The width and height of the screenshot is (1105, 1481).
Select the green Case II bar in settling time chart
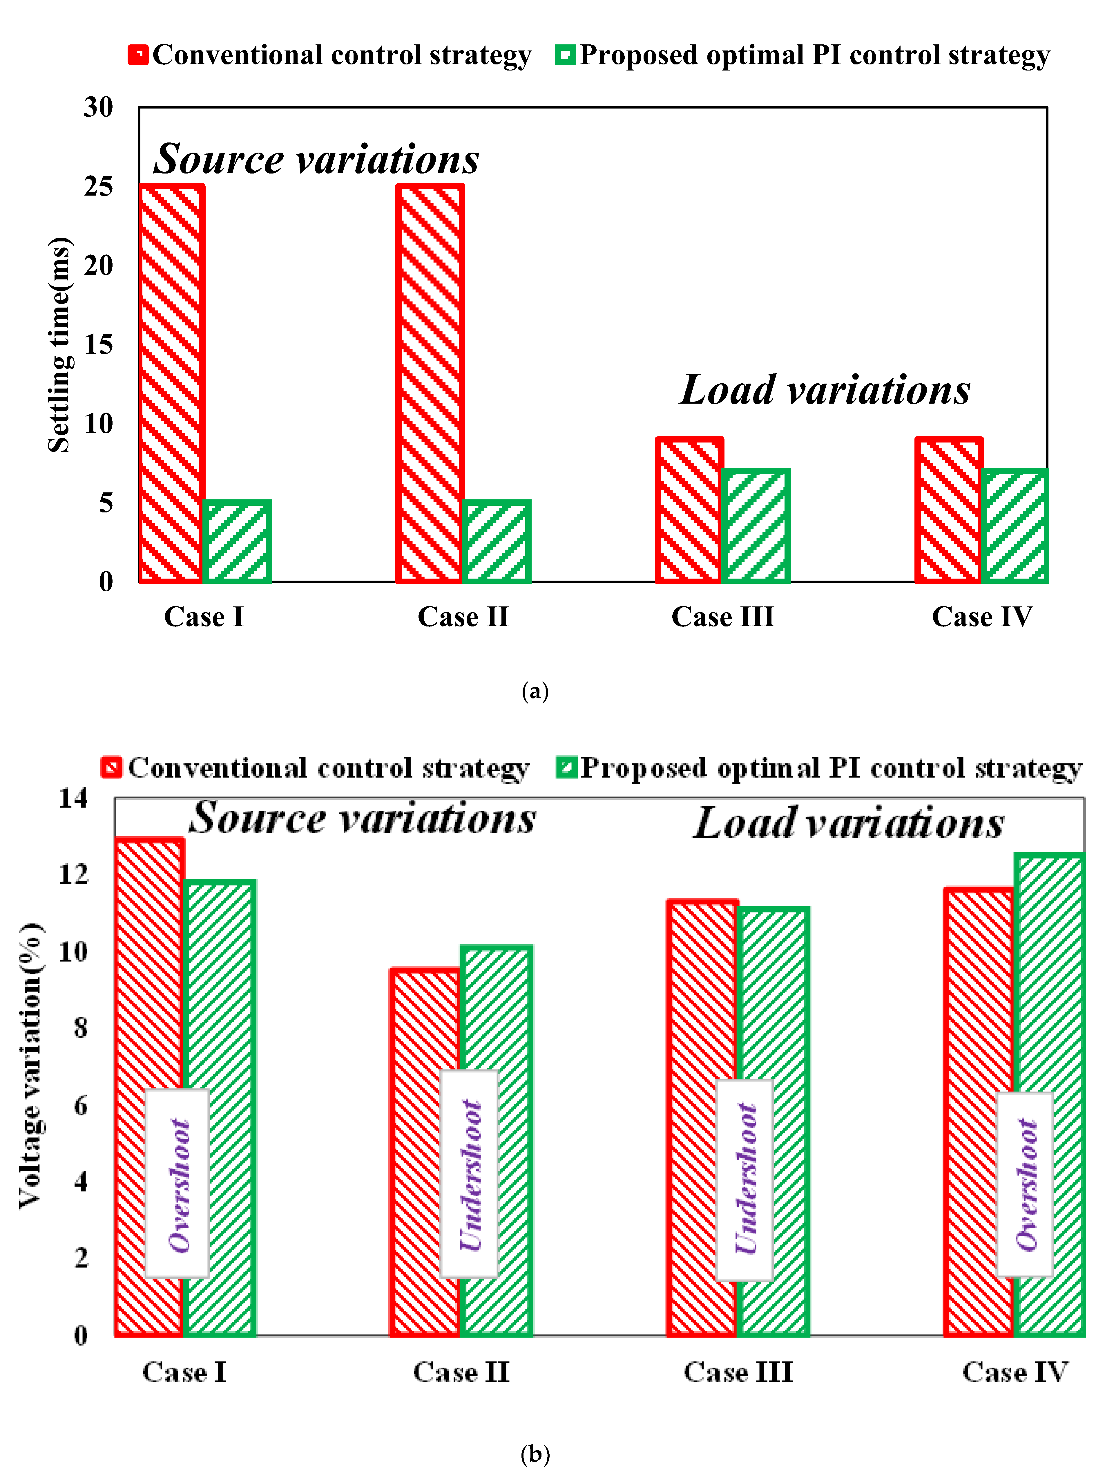[x=496, y=541]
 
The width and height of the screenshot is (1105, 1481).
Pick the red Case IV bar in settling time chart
[x=948, y=510]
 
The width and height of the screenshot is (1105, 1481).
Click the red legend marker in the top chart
[x=138, y=55]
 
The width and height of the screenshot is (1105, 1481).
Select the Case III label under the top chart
[x=722, y=616]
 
